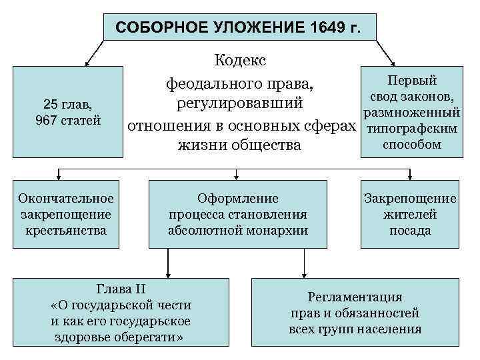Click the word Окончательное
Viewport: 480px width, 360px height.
pyautogui.click(x=66, y=198)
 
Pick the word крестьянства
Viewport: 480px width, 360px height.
pyautogui.click(x=66, y=231)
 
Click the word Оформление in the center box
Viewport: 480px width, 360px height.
pyautogui.click(x=238, y=198)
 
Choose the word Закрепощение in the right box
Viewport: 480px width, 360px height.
pyautogui.click(x=410, y=198)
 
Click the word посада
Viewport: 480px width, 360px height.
pyautogui.click(x=410, y=231)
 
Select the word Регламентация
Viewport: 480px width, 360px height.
pyautogui.click(x=355, y=297)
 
